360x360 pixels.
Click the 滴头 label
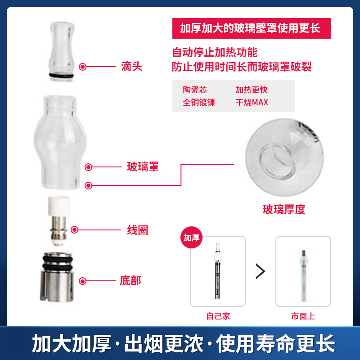[131, 67]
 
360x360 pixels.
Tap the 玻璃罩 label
[143, 166]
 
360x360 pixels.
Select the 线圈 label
[138, 230]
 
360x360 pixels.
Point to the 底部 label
[130, 281]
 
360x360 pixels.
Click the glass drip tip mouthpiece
[61, 51]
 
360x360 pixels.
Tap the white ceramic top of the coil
[59, 206]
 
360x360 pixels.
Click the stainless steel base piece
[58, 277]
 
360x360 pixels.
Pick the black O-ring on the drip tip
[61, 75]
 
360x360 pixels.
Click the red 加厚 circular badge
[192, 238]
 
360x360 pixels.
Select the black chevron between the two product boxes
[261, 271]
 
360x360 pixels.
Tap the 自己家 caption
[218, 316]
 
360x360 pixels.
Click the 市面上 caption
[303, 316]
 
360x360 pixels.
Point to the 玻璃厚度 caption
[284, 209]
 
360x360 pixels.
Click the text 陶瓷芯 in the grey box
[195, 90]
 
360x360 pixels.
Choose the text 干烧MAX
[252, 102]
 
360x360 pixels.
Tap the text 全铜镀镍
[199, 102]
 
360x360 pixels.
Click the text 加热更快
[252, 90]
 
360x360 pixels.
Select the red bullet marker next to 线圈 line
[74, 229]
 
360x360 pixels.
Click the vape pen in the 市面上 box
[303, 276]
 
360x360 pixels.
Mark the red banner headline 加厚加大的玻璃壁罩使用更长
[250, 28]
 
